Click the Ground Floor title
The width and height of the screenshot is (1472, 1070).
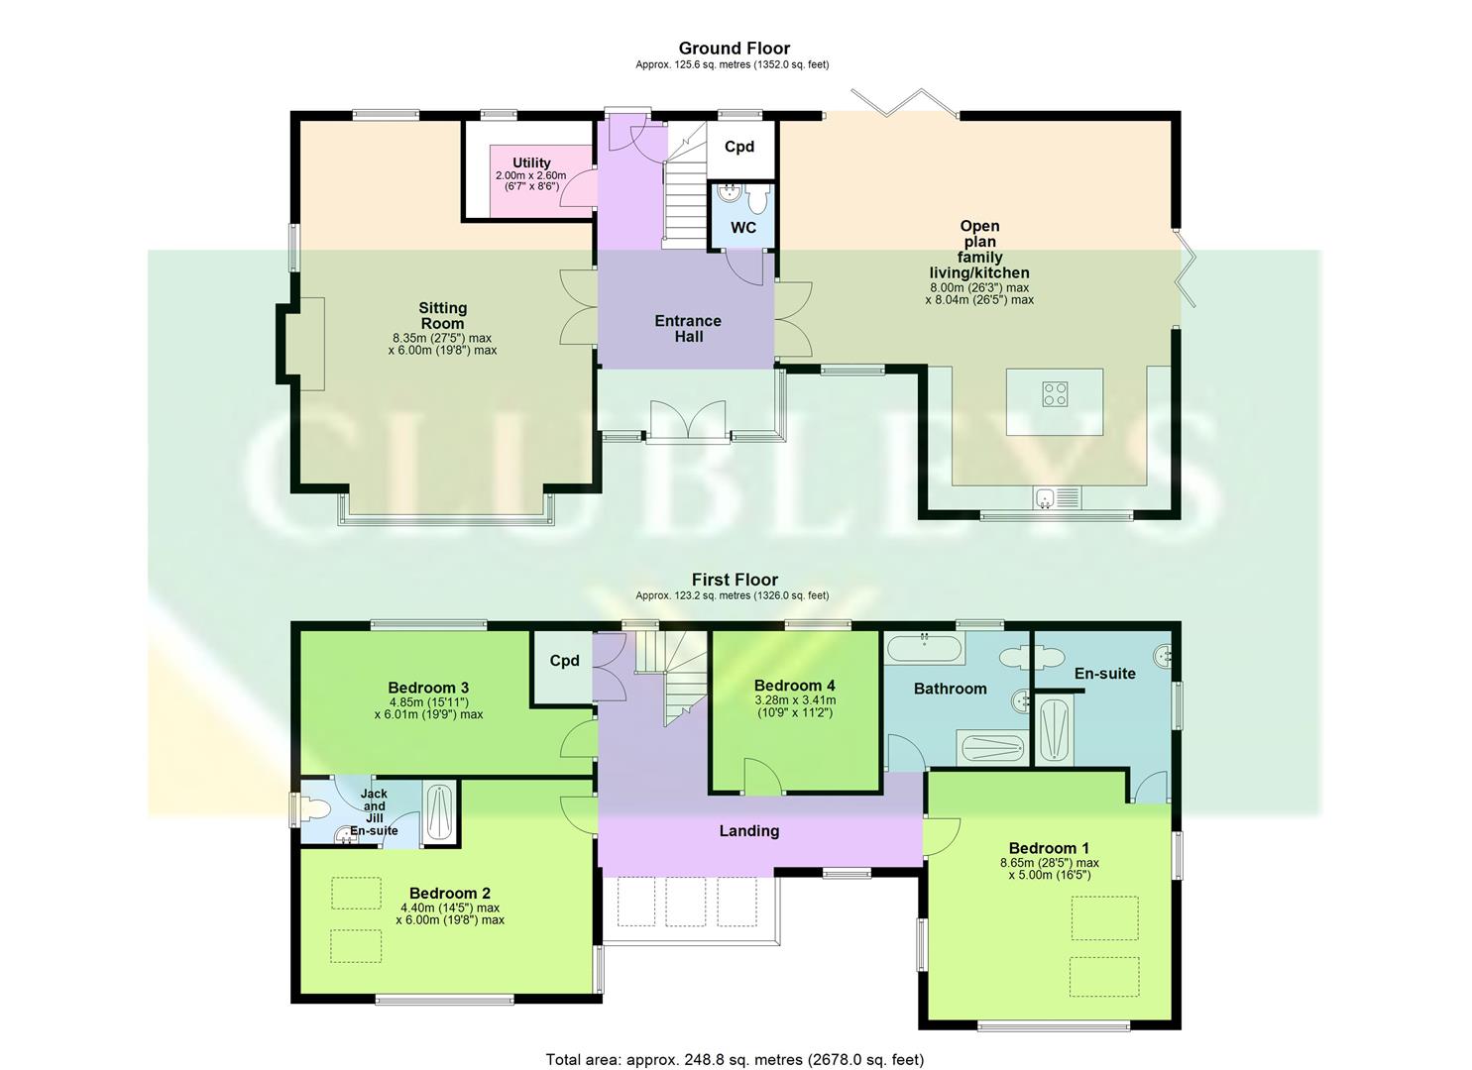point(734,48)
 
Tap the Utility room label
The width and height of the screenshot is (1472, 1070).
point(531,162)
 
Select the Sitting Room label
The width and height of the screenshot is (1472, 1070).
point(442,315)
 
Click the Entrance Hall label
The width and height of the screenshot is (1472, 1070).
point(688,328)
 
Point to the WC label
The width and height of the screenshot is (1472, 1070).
point(743,228)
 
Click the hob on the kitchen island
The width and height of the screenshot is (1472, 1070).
point(1055,394)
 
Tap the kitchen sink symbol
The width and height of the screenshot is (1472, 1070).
point(1046,498)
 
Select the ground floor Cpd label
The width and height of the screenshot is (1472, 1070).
point(739,147)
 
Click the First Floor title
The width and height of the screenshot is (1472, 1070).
point(735,580)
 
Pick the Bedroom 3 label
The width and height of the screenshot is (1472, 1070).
point(428,688)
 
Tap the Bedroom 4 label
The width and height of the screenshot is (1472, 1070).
point(794,686)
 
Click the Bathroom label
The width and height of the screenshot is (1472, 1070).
point(950,689)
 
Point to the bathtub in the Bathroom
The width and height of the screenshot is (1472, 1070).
point(923,650)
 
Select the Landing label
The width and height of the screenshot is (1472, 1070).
point(748,831)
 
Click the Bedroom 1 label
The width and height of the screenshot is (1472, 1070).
point(1049,848)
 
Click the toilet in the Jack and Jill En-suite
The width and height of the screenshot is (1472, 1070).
point(314,808)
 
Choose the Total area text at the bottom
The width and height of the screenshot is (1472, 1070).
point(735,1059)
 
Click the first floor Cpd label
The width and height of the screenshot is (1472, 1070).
point(564,661)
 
